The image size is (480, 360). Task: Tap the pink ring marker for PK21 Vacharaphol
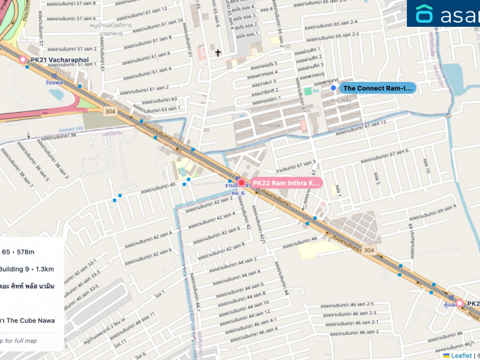click(23, 60)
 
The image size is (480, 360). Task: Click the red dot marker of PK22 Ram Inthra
click(241, 184)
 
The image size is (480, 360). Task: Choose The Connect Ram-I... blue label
click(377, 88)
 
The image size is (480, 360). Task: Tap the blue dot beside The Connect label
click(333, 88)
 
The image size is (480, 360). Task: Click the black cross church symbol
click(218, 54)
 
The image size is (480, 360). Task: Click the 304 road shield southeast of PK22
click(369, 251)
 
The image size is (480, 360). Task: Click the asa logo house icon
click(424, 15)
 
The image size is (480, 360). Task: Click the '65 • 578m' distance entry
click(18, 253)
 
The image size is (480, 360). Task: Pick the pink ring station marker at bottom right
click(460, 303)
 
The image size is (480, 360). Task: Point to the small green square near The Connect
click(307, 91)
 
